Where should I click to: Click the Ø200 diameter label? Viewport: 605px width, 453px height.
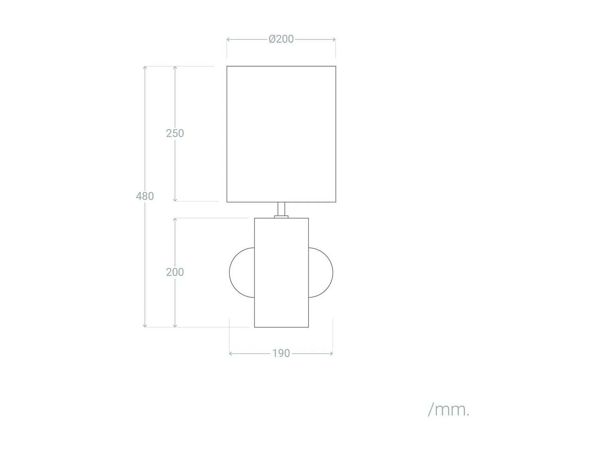click(x=281, y=39)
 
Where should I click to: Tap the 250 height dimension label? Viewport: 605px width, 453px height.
click(x=175, y=134)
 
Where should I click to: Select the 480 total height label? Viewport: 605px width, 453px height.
click(x=145, y=196)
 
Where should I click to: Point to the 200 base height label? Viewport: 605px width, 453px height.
click(x=175, y=272)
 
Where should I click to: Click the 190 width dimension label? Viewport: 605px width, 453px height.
click(x=281, y=353)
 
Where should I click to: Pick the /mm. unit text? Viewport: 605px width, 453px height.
click(x=448, y=410)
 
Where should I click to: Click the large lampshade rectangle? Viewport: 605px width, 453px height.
click(x=281, y=134)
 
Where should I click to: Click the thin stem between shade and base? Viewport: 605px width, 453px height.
click(x=281, y=209)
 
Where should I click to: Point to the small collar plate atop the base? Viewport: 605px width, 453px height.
click(x=281, y=217)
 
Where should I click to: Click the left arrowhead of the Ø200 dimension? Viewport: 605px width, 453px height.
click(x=228, y=39)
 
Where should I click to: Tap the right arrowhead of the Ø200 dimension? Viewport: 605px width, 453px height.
click(x=334, y=39)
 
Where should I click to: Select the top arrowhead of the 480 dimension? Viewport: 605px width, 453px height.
click(x=145, y=67)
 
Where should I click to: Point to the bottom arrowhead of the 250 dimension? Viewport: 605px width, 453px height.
click(x=175, y=200)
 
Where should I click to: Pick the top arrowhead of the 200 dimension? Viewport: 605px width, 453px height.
click(x=175, y=219)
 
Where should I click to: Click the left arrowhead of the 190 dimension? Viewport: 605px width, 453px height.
click(x=231, y=353)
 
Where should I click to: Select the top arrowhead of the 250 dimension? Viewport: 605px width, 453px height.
click(x=175, y=67)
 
